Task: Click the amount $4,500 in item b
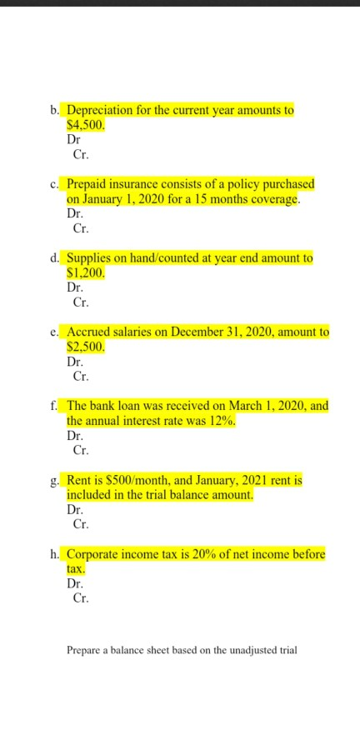(x=84, y=124)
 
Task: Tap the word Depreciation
(x=100, y=110)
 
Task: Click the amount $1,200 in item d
(x=84, y=272)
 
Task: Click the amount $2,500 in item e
(x=84, y=347)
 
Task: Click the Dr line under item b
(x=73, y=139)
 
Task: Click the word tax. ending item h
(x=76, y=569)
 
